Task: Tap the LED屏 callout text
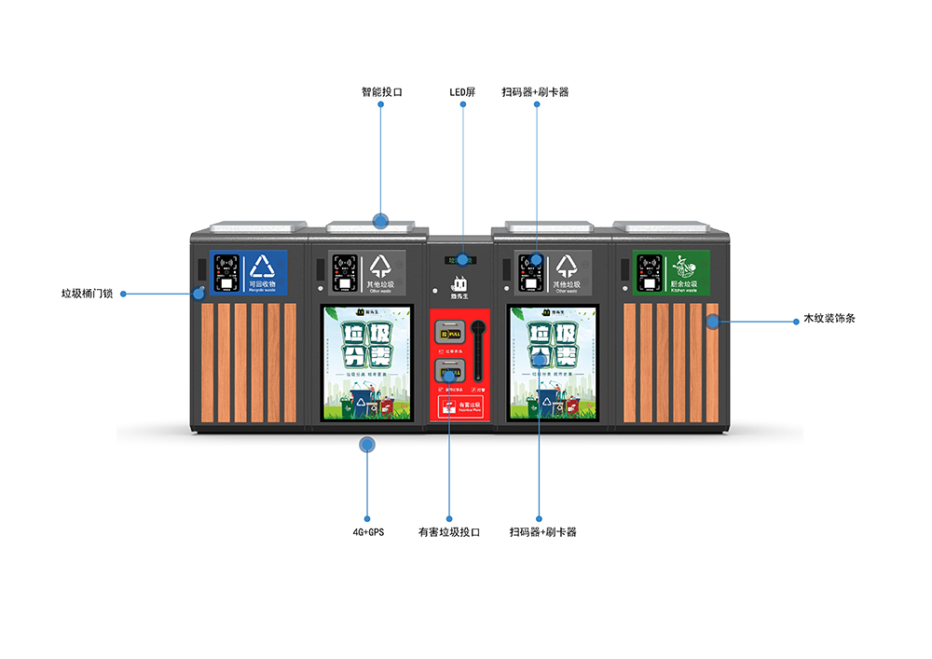click(x=462, y=92)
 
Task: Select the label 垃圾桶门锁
click(x=87, y=293)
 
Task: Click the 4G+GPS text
click(x=367, y=532)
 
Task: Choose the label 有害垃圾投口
click(x=448, y=532)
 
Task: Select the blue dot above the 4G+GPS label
click(x=367, y=445)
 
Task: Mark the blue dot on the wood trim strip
click(x=712, y=322)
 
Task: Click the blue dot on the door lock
click(x=199, y=293)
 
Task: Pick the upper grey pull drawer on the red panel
click(x=450, y=332)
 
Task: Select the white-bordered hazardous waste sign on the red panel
click(x=459, y=405)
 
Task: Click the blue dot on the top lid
click(x=380, y=221)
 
